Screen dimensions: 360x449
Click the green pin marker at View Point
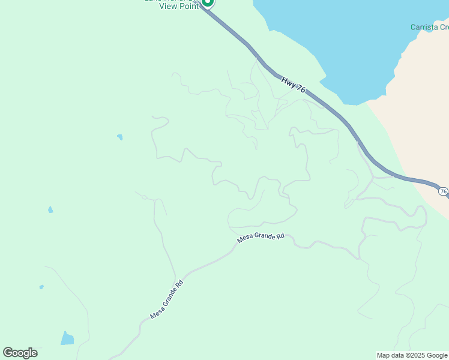click(x=207, y=2)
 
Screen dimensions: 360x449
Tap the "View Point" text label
click(x=178, y=7)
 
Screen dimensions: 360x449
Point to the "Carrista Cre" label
click(x=429, y=27)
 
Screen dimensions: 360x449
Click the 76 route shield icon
click(x=443, y=191)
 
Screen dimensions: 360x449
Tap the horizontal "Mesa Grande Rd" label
click(x=261, y=237)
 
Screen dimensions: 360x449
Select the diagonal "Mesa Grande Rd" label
click(x=166, y=298)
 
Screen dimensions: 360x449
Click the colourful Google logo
click(x=20, y=353)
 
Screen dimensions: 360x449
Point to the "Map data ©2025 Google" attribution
click(x=412, y=355)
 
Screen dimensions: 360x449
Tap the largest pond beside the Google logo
click(x=67, y=338)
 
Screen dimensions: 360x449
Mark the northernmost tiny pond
click(x=120, y=137)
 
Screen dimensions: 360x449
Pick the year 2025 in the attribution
click(x=420, y=355)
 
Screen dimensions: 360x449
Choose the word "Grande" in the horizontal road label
click(x=264, y=237)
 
